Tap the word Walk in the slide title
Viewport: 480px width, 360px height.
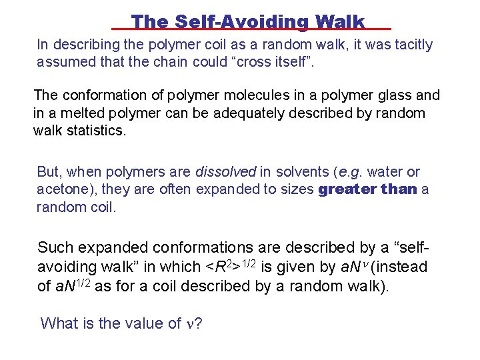(x=340, y=21)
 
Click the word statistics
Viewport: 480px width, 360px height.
(x=93, y=130)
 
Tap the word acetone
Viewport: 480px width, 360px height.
(x=62, y=189)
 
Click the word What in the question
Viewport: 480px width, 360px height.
(x=59, y=323)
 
